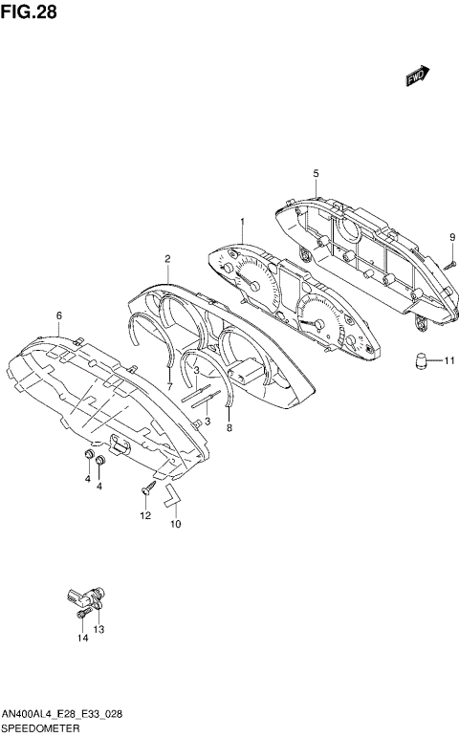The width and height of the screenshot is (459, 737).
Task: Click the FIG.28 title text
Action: click(x=29, y=11)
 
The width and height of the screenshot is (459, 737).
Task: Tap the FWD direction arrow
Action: click(x=418, y=76)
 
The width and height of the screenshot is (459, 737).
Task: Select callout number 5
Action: click(x=316, y=173)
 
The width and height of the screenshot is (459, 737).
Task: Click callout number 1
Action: click(x=243, y=222)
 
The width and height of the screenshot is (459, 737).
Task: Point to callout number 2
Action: click(x=167, y=258)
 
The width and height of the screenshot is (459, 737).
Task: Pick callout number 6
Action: click(x=58, y=315)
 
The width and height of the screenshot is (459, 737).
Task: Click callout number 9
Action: click(x=452, y=237)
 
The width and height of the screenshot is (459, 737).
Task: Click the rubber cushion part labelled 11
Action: click(x=421, y=360)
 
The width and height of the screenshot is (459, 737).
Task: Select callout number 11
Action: click(x=449, y=361)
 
